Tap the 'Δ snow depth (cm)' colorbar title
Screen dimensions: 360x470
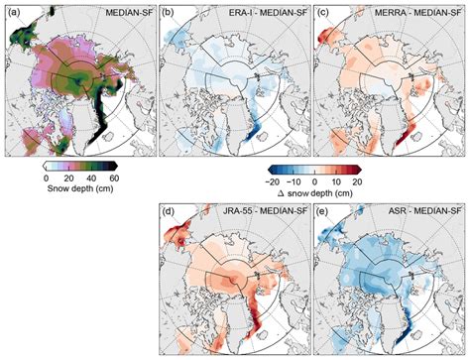pos(315,193)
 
